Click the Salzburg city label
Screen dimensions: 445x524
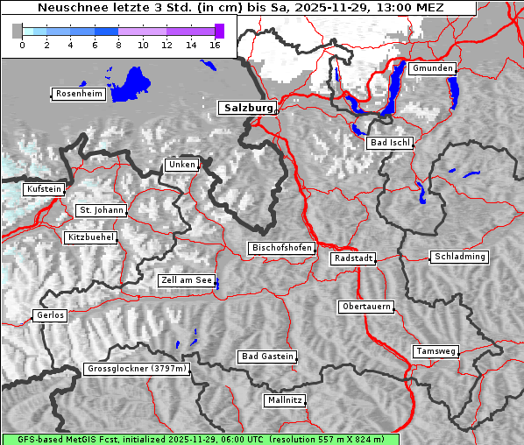click(x=246, y=108)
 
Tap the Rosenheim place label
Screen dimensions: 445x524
click(x=78, y=94)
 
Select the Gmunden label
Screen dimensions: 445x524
click(x=432, y=68)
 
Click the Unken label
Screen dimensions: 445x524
click(x=181, y=165)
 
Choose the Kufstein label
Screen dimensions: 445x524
click(x=44, y=189)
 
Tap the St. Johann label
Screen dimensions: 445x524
click(x=101, y=210)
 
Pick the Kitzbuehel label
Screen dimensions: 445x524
click(x=90, y=237)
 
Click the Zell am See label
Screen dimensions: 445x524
click(x=186, y=280)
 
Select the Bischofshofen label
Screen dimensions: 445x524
click(x=281, y=248)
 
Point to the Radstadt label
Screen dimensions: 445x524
click(x=353, y=258)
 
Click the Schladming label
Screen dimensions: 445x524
click(x=459, y=257)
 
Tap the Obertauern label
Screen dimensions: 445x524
click(x=365, y=307)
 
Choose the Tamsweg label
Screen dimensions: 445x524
click(x=435, y=351)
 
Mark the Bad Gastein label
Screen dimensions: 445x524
click(x=267, y=357)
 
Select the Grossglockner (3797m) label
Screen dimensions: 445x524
click(x=137, y=369)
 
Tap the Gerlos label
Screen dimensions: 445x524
click(x=50, y=315)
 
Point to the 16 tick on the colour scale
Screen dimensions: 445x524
click(x=215, y=44)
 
